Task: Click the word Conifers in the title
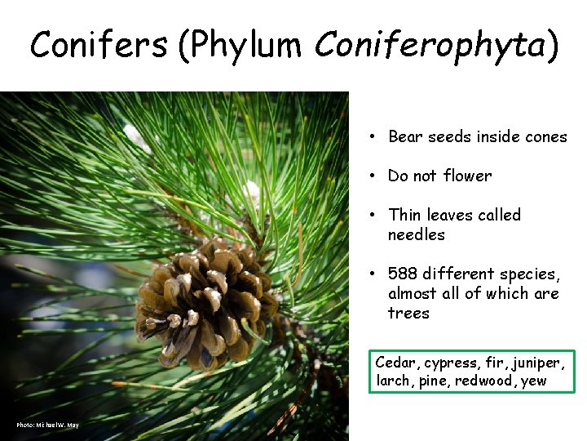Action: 99,46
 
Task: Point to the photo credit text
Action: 47,425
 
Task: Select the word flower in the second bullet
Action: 466,176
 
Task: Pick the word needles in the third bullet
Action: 417,234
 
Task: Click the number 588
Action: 404,274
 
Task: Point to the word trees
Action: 408,313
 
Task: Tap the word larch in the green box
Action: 394,381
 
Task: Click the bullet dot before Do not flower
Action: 371,176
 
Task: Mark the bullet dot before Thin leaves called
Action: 371,215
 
